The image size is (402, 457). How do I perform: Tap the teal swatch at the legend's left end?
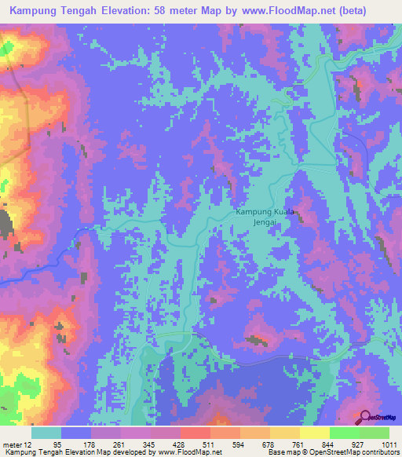[x=46, y=433]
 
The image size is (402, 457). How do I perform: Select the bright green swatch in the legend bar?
[x=343, y=433]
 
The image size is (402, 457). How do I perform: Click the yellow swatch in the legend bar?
[x=313, y=433]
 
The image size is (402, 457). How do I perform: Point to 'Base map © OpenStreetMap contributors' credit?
[x=333, y=452]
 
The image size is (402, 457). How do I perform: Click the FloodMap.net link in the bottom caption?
[x=177, y=452]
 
